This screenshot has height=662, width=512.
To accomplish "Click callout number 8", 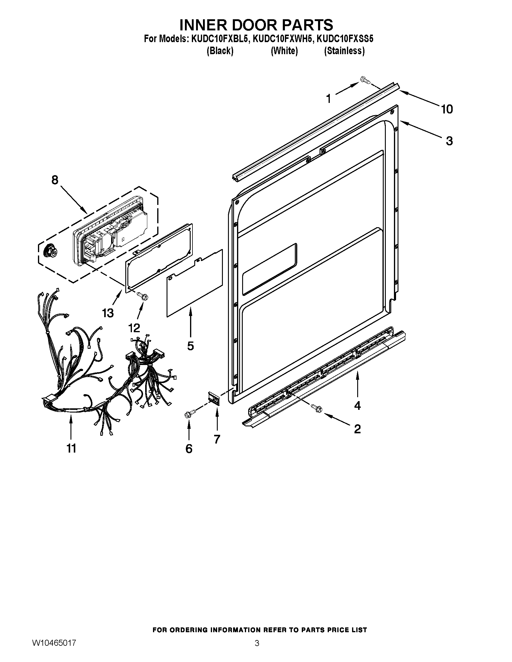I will [x=55, y=180].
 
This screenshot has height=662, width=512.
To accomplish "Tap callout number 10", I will [x=447, y=109].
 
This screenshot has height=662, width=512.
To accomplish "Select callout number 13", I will [x=108, y=313].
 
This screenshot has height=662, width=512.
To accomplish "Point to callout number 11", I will [x=71, y=448].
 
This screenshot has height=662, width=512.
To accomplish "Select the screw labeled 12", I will [x=143, y=295].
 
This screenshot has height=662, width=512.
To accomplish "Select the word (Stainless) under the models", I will [x=344, y=51].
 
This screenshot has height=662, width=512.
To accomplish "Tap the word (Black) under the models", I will [x=220, y=51].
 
